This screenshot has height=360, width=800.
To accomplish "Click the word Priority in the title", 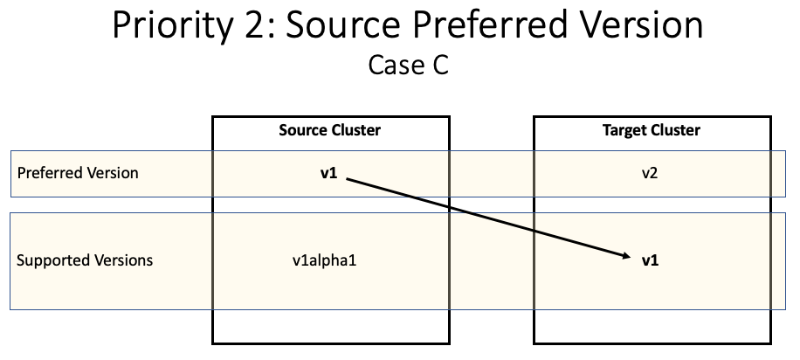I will coord(169,26).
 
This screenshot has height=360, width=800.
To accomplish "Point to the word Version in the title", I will coord(640,26).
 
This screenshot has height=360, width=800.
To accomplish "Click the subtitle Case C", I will coord(408,66).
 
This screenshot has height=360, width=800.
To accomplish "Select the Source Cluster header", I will coord(330,130).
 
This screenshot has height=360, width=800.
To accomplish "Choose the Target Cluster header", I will coord(652,130).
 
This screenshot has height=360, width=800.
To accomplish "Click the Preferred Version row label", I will coord(78,172).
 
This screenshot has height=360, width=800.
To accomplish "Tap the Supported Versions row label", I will coord(85,260).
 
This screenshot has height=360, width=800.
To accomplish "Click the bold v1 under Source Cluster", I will coord(328,173).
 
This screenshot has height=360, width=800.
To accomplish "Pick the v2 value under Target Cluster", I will coord(651,173).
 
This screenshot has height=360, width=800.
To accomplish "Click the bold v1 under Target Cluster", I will coord(651,260).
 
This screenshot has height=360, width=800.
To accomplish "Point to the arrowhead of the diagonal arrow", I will coord(628,256).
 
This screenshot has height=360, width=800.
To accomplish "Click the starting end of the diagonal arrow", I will coord(348,179).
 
